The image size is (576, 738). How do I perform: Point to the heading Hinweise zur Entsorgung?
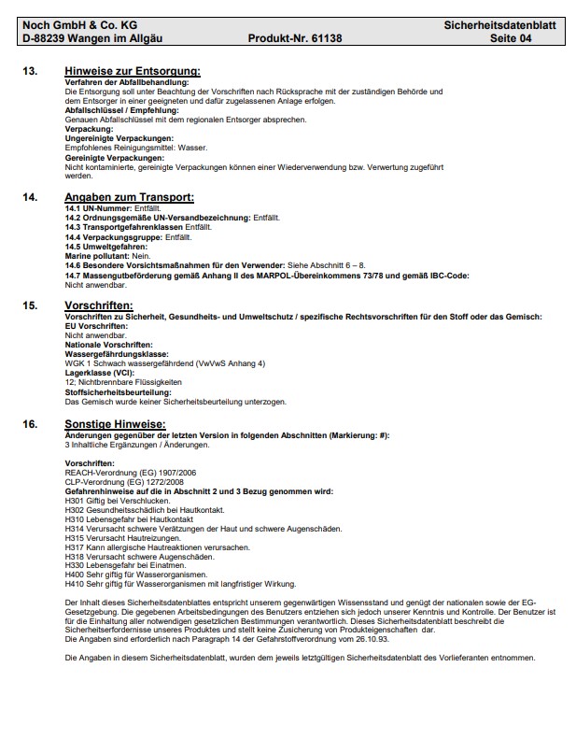(133, 72)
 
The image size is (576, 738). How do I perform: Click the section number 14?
(30, 197)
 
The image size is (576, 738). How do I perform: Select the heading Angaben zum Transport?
(129, 197)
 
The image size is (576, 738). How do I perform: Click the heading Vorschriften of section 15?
(99, 305)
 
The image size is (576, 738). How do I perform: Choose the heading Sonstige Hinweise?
(115, 424)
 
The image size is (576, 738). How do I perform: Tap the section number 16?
(30, 424)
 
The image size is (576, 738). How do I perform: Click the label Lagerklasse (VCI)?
(99, 374)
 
